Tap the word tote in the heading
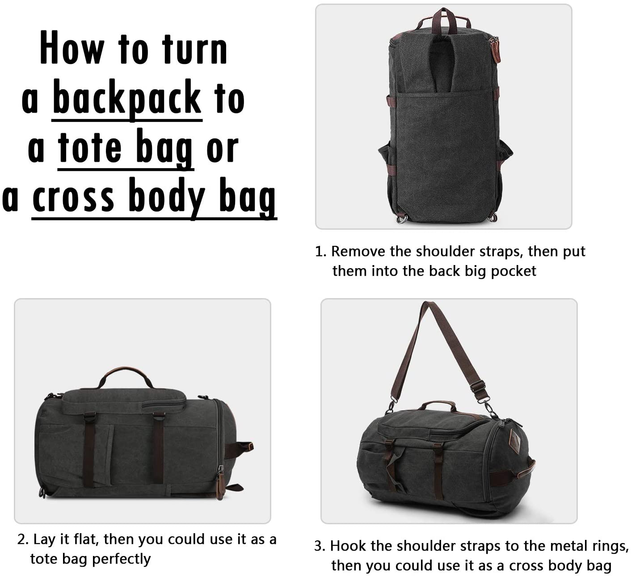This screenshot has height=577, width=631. point(89,147)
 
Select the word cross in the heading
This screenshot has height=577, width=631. point(73,197)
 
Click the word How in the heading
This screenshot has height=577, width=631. point(72,48)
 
